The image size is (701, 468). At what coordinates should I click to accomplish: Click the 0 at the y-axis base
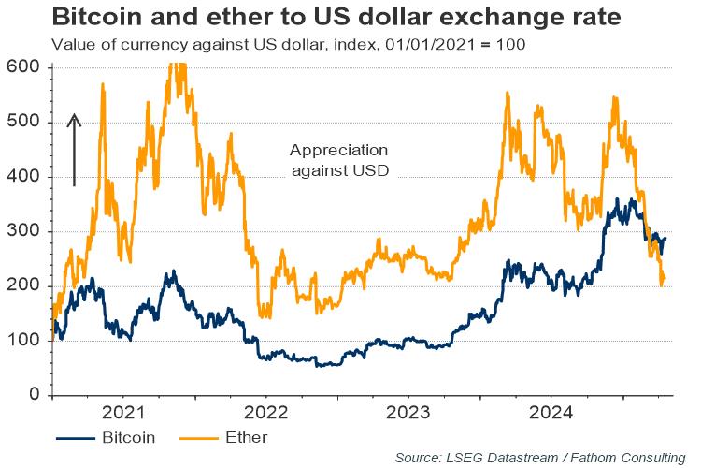(32, 395)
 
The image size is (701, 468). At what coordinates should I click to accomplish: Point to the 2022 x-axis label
(265, 413)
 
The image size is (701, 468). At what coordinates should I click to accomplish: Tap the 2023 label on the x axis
(408, 413)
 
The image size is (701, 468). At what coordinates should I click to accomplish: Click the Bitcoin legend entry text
(128, 437)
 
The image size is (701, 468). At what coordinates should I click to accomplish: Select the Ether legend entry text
(247, 437)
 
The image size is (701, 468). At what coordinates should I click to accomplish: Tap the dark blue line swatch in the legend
(78, 437)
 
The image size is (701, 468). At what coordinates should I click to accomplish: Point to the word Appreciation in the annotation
(338, 151)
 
